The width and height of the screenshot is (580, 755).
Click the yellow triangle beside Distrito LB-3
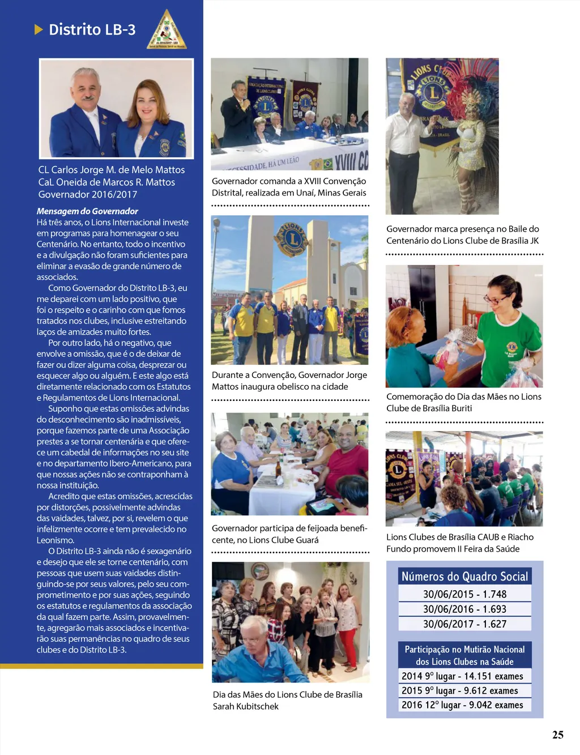[x=39, y=29]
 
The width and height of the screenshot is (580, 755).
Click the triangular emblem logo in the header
[x=167, y=30]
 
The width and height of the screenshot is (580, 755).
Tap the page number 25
[x=557, y=735]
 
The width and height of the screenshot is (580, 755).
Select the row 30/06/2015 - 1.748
[x=464, y=594]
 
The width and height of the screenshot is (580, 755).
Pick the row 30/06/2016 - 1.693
[x=464, y=609]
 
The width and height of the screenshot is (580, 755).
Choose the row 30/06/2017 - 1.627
[x=464, y=624]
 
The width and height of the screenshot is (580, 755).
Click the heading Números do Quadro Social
[x=464, y=577]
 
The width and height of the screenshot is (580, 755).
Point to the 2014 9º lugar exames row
[x=462, y=676]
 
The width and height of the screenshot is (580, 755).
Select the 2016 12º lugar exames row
[x=462, y=705]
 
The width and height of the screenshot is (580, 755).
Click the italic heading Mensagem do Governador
[x=87, y=211]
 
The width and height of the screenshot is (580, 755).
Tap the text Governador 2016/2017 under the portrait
[x=87, y=194]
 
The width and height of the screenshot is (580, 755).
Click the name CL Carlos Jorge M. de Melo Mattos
[x=112, y=169]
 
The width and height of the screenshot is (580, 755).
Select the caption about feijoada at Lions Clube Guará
[x=289, y=534]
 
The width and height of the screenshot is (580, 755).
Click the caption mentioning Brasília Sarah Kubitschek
[x=287, y=700]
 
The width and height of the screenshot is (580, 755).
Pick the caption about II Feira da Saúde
[x=460, y=543]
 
